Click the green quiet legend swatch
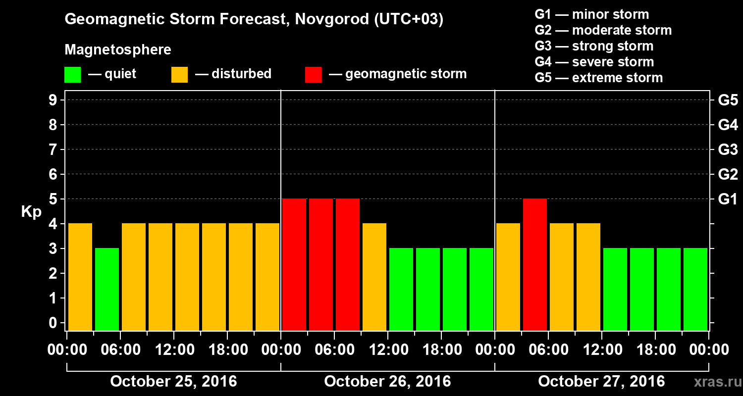(72, 75)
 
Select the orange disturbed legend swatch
(179, 75)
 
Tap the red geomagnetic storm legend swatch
(313, 75)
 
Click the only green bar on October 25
(107, 289)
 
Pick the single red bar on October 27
(535, 264)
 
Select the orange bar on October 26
(374, 277)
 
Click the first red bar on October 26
(294, 264)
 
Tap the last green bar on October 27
(695, 289)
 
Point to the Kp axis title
(31, 212)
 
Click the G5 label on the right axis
(728, 100)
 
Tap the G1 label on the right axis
(728, 199)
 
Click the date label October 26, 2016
(387, 382)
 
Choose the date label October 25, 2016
(173, 382)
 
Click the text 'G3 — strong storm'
(594, 46)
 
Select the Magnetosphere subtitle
(118, 50)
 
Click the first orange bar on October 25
(80, 277)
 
